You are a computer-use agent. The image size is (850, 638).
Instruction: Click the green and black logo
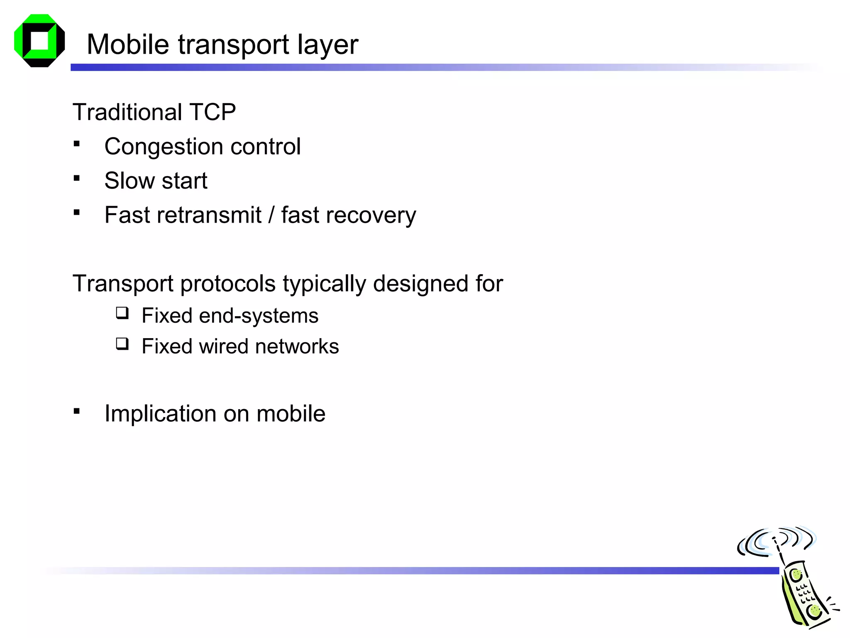click(x=39, y=41)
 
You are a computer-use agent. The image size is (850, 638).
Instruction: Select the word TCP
click(x=212, y=112)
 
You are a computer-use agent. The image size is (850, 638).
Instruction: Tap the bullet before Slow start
click(x=77, y=178)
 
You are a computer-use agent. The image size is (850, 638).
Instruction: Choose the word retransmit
click(x=210, y=215)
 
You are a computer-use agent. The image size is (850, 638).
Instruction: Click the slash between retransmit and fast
click(x=271, y=215)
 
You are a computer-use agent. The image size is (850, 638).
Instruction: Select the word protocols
click(x=228, y=284)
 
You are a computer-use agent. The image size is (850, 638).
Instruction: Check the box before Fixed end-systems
click(x=122, y=313)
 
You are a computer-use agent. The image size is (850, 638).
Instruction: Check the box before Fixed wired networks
click(x=122, y=344)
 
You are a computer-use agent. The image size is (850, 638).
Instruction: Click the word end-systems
click(x=259, y=316)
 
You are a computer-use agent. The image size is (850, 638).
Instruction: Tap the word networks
click(x=297, y=346)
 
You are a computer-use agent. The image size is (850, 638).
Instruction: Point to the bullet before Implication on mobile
click(x=77, y=411)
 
